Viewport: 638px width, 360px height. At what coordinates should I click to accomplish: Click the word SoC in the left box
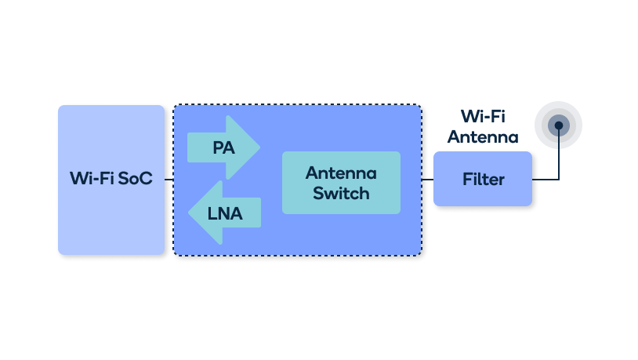coord(136,179)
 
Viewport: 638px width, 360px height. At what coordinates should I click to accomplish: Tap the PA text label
coord(224,147)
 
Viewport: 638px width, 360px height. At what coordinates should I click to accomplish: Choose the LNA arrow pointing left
coord(224,213)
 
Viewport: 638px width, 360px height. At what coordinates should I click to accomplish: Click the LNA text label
coord(225,213)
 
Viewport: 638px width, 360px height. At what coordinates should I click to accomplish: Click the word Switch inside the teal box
coord(341,193)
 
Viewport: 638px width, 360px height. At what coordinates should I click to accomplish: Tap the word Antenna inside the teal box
coord(341,173)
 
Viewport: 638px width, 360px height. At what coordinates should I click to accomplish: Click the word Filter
coord(483,180)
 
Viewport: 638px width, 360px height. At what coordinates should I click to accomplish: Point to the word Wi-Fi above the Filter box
coord(483,117)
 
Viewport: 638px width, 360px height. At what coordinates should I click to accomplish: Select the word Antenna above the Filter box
coord(483,137)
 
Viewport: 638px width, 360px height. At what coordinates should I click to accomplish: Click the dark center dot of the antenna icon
coord(558,125)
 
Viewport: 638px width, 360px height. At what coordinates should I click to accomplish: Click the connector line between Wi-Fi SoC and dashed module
coord(169,180)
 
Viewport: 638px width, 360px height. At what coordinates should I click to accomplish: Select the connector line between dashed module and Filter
coord(428,180)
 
